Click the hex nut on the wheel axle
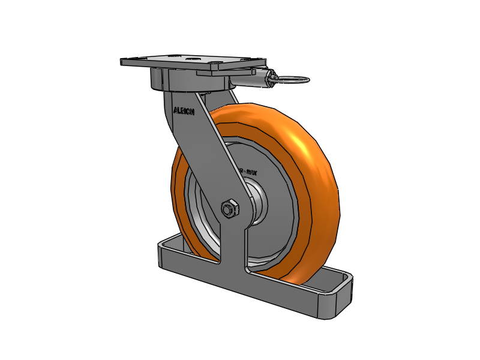click(230, 209)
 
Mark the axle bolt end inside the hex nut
click(228, 209)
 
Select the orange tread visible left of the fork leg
click(178, 192)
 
